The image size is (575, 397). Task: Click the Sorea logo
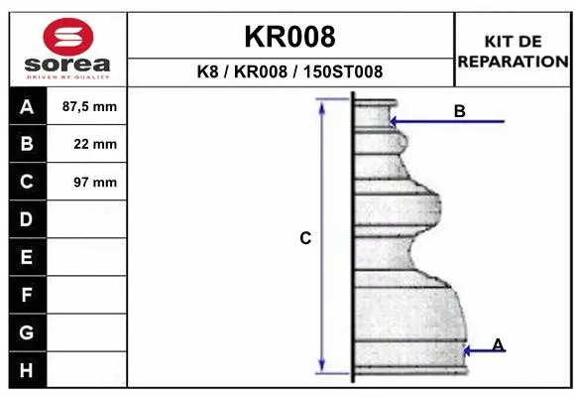pos(68,47)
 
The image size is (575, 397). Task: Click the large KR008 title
pos(289,38)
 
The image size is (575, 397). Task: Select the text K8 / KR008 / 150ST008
pos(289,72)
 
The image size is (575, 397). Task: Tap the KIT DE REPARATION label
pos(513,51)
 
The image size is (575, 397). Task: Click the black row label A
pos(27,106)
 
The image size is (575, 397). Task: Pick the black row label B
pos(27,144)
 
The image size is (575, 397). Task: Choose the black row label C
pos(27,182)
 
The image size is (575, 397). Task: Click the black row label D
pos(27,219)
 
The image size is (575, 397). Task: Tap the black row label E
pos(27,257)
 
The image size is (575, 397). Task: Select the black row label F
pos(27,295)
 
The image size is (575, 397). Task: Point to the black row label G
pos(27,332)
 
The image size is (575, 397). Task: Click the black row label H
pos(27,370)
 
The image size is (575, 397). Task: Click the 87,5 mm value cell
pos(89,106)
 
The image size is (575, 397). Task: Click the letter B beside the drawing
pos(459,111)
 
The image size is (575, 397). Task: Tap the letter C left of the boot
pos(305,238)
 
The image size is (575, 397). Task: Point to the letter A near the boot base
pos(498,344)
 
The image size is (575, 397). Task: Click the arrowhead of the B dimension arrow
pos(395,122)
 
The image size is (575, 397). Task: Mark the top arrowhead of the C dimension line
pos(321,104)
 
